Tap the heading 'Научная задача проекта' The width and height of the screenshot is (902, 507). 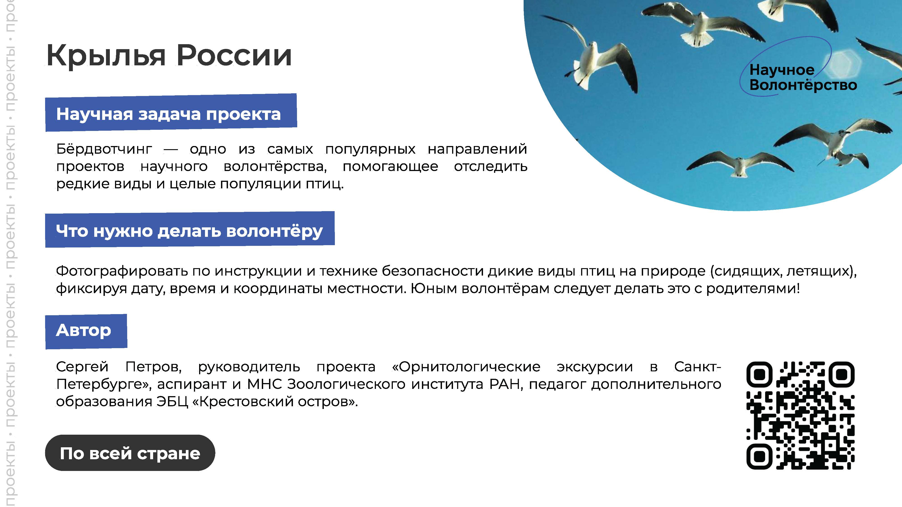[168, 114]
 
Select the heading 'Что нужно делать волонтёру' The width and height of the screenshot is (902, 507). [189, 231]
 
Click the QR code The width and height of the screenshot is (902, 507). [801, 415]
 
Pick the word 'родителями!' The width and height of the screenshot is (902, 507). [753, 289]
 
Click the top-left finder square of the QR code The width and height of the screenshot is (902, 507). [759, 374]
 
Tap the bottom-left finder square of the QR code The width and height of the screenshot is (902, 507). [759, 457]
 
